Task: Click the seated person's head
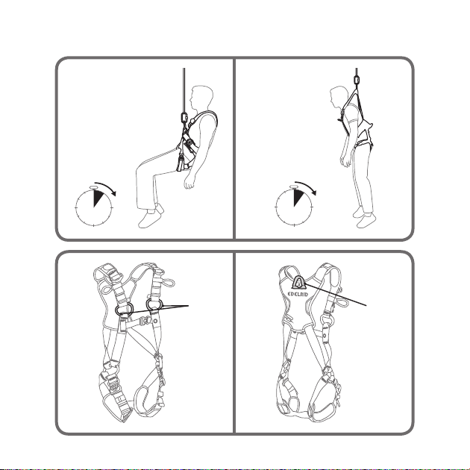pyautogui.click(x=201, y=98)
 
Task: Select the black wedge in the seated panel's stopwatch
pyautogui.click(x=98, y=198)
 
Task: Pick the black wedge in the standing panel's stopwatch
pyautogui.click(x=298, y=198)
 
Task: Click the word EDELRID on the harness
pyautogui.click(x=298, y=294)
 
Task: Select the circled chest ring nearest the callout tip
pyautogui.click(x=154, y=304)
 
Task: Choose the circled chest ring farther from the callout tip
pyautogui.click(x=124, y=309)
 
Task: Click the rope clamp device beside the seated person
pyautogui.click(x=184, y=117)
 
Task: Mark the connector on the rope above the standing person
pyautogui.click(x=357, y=81)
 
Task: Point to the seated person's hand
pyautogui.click(x=189, y=181)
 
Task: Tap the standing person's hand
pyautogui.click(x=345, y=161)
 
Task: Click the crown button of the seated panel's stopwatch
pyautogui.click(x=94, y=187)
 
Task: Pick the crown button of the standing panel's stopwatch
pyautogui.click(x=294, y=187)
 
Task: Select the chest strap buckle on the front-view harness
pyautogui.click(x=148, y=321)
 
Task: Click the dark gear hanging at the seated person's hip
pyautogui.click(x=181, y=163)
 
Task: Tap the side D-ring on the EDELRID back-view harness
pyautogui.click(x=327, y=320)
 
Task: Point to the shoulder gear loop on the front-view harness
pyautogui.click(x=169, y=282)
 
